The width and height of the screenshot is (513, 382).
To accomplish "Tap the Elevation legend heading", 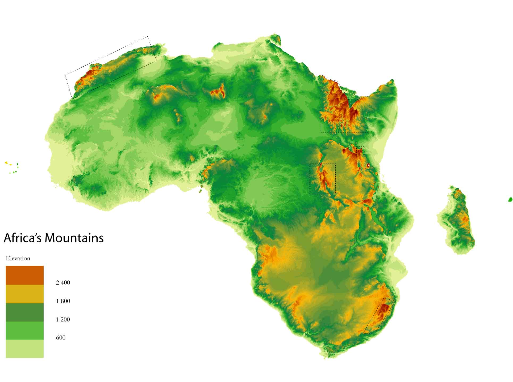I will [x=18, y=258].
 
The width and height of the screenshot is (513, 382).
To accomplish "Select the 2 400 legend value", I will [x=63, y=283].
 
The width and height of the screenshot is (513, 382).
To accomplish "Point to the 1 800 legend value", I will [x=63, y=301].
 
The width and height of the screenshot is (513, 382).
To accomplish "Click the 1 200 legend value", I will [x=63, y=319].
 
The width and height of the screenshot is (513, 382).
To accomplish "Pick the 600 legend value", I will [x=61, y=338].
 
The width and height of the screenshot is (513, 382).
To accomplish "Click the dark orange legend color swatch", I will [x=24, y=275].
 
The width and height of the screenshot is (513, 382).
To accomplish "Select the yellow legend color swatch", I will [x=24, y=294].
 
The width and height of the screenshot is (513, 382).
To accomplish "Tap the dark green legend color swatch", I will [x=24, y=312].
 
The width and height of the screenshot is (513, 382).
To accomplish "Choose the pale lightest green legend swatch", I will [x=24, y=349].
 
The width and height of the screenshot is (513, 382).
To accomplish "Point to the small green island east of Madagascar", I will [x=510, y=199].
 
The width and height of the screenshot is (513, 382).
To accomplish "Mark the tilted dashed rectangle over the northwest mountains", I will [x=111, y=67].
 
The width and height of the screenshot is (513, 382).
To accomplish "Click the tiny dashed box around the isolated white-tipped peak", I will [x=368, y=166].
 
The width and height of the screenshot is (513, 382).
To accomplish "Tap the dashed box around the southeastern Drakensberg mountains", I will [x=379, y=316].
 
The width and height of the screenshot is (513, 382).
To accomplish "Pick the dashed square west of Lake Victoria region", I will [x=322, y=179].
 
